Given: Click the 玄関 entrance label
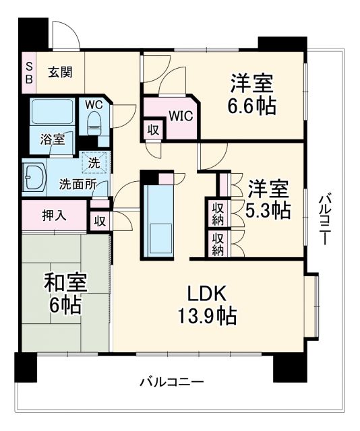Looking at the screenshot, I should (x=61, y=72).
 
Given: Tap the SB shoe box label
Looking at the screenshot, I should (x=28, y=72).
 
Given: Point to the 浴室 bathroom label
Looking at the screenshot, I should (x=52, y=140).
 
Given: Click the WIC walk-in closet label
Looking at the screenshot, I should (x=181, y=115).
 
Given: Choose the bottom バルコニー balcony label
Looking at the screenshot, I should (x=172, y=382).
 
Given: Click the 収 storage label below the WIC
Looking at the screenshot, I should (x=153, y=130).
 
